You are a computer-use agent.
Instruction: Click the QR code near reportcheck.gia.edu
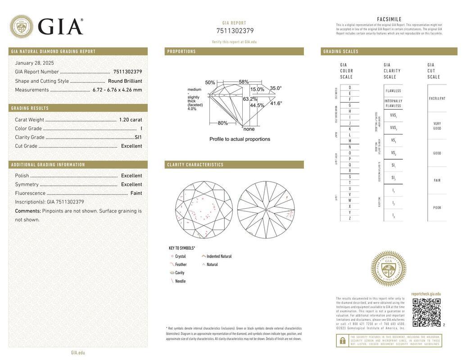tap(426, 312)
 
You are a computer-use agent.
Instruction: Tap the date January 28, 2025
tap(34, 63)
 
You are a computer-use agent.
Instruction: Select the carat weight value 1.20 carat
tap(130, 120)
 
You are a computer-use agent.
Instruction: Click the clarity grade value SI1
tap(138, 137)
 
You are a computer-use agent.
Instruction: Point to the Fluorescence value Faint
tap(136, 193)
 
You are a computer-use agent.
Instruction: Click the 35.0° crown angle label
tap(276, 88)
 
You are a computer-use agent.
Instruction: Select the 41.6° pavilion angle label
tap(276, 103)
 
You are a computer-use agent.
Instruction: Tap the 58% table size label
tap(244, 82)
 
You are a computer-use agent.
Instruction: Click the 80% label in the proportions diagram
tap(222, 123)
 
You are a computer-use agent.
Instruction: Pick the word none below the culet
tap(249, 129)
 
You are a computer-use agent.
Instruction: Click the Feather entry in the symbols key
tap(181, 265)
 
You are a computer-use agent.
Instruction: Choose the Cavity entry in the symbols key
tap(180, 273)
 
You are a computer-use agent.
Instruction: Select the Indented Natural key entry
tap(219, 256)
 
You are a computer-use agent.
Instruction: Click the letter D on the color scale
tap(350, 87)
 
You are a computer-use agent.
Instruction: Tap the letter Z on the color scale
tap(350, 218)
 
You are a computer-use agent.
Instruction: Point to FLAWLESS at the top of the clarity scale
tap(393, 91)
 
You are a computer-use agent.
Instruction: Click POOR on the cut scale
tap(437, 208)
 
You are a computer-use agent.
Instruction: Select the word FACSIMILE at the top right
tap(389, 19)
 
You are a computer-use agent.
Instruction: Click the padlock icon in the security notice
tap(342, 341)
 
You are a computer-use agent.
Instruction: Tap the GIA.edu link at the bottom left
tap(78, 353)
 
